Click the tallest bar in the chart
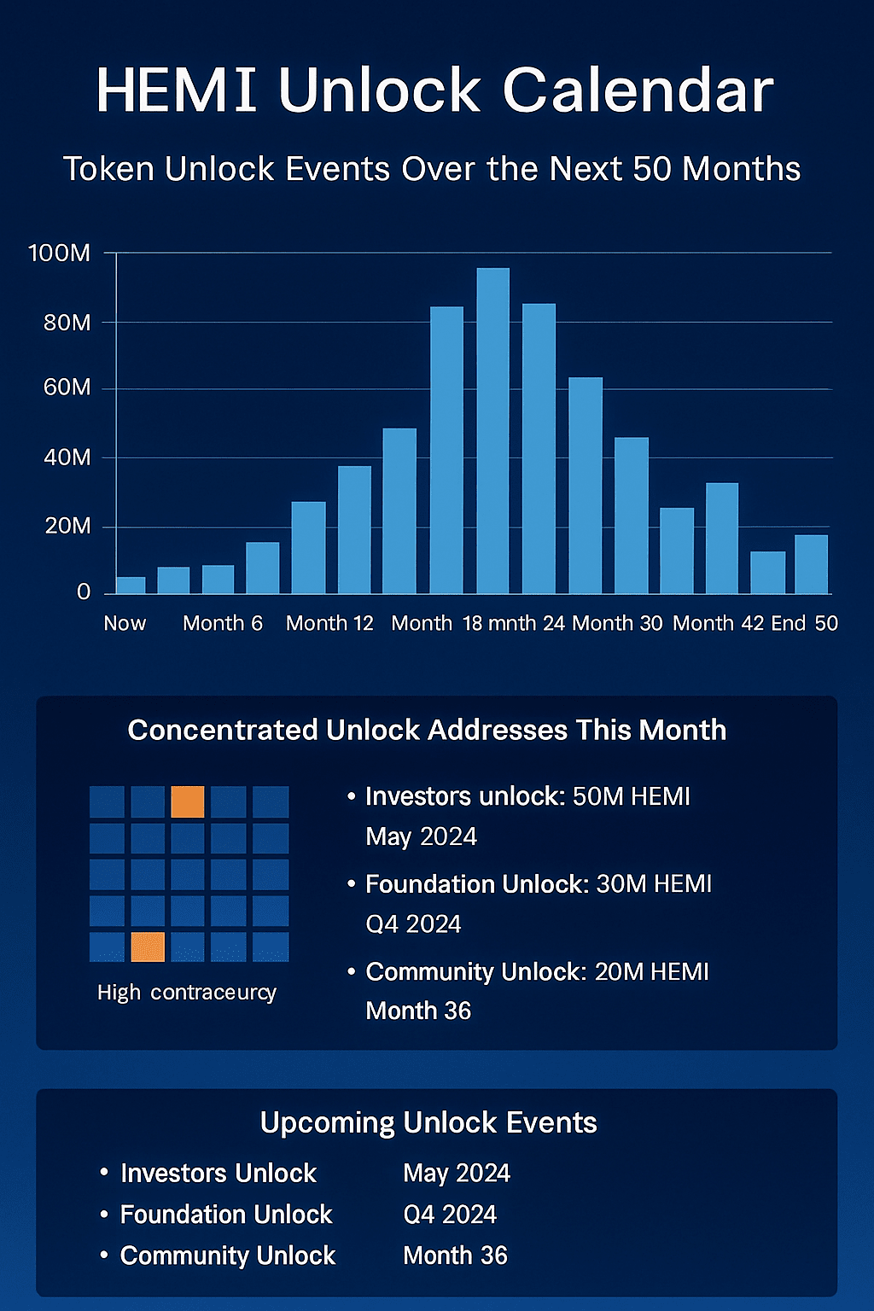coord(492,431)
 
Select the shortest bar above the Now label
coord(131,585)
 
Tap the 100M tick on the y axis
coord(59,253)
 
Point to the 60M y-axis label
coord(67,387)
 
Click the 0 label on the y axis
coord(83,591)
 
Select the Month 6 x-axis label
coord(223,623)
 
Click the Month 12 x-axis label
coord(329,623)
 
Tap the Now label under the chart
coord(125,623)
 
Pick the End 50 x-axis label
coord(804,623)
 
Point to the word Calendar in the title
coord(638,90)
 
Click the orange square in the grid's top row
coord(188,802)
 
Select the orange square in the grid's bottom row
coord(148,947)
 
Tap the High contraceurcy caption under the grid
coord(187,993)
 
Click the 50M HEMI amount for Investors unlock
coord(632,796)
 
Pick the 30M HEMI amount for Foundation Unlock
coord(654,884)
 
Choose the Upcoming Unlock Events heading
coord(428,1122)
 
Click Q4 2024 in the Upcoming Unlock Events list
coord(450,1215)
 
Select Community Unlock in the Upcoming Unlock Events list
coord(228,1256)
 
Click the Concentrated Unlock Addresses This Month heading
coord(427,730)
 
